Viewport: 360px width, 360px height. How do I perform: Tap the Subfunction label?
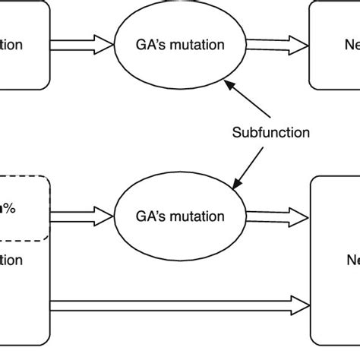271,133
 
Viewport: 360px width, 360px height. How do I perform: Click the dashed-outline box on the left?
23,209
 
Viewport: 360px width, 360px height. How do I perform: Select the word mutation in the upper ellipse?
199,45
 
